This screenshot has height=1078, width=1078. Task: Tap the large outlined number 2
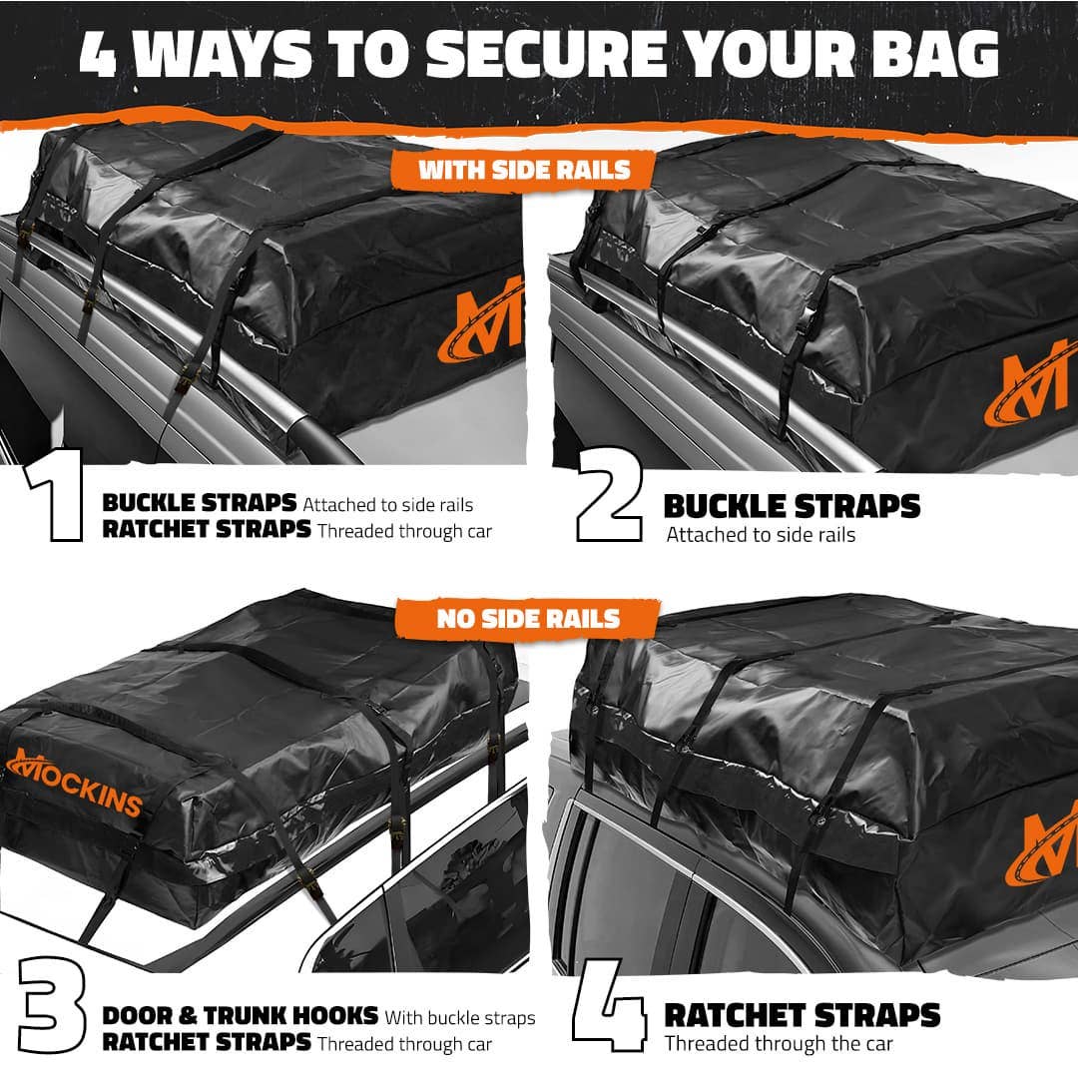609,505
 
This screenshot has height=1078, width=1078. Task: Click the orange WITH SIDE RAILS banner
524,169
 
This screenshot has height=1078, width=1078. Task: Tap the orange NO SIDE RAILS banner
528,619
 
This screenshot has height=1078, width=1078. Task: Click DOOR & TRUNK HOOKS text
240,1017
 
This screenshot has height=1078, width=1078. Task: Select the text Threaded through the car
779,1044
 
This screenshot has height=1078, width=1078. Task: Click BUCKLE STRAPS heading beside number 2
792,506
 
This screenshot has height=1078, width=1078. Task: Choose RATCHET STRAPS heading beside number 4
802,1016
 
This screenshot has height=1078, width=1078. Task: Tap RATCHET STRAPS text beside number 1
207,530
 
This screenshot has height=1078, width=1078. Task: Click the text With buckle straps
460,1018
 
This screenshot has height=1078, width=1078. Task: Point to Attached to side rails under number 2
761,535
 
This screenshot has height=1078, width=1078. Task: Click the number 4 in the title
99,55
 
